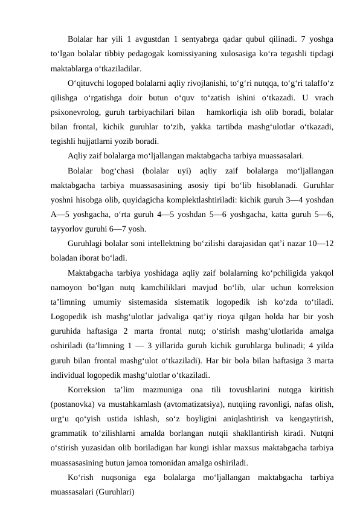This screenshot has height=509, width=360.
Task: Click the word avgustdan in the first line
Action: point(165,40)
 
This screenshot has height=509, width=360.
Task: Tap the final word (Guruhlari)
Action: point(117,491)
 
